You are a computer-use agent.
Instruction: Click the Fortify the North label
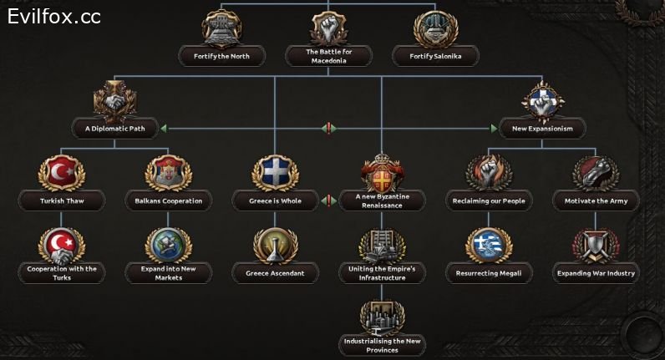point(221,57)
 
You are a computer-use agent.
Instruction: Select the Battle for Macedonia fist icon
point(327,28)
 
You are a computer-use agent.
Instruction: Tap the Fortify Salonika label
point(435,57)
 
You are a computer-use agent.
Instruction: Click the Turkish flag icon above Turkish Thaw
point(61,171)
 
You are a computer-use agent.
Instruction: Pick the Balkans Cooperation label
point(169,201)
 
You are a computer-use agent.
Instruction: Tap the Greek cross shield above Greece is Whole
point(276,171)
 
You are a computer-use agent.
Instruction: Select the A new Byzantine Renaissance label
point(382,200)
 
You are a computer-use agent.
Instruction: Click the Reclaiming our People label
point(489,201)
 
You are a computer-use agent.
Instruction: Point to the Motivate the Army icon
point(596,171)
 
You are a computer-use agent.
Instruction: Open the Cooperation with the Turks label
point(61,273)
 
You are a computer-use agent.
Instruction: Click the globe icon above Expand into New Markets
point(169,244)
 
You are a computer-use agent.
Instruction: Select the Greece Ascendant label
point(276,273)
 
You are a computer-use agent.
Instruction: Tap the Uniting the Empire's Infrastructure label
point(382,273)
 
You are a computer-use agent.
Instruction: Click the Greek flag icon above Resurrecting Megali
point(489,244)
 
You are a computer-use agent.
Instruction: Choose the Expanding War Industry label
point(596,273)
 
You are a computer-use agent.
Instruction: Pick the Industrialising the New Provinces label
point(382,345)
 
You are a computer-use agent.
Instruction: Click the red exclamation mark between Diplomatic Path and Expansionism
point(328,129)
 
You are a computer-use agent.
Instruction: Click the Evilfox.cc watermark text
point(54,16)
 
